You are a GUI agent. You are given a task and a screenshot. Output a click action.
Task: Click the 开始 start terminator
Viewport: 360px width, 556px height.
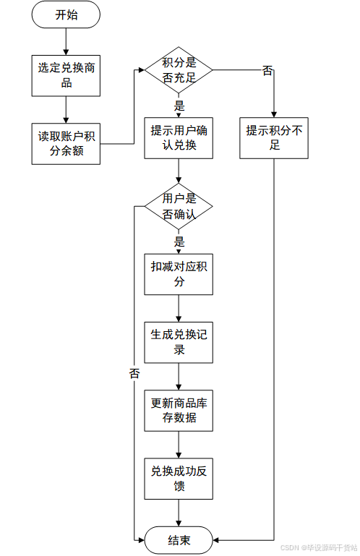(66, 14)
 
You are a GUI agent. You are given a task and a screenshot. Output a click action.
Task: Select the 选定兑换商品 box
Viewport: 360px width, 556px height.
(66, 75)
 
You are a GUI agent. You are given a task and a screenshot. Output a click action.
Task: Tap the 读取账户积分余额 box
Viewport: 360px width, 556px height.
(66, 144)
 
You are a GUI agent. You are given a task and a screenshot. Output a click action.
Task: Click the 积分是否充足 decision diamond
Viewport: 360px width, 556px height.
(179, 70)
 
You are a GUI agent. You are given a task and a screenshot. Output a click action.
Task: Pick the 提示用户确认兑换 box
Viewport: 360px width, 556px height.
(179, 138)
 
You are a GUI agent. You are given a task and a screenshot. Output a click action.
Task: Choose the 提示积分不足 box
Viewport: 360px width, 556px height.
(274, 138)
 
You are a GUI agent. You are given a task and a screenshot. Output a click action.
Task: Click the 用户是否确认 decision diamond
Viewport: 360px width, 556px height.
(179, 206)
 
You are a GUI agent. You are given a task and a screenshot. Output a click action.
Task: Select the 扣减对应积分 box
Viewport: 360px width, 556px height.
(179, 274)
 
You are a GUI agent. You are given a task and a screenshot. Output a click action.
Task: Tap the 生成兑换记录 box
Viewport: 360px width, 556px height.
(179, 342)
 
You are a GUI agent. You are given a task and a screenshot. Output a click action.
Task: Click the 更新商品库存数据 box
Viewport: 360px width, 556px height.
(179, 411)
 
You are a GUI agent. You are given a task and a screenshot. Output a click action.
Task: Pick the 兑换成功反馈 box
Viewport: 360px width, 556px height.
(179, 479)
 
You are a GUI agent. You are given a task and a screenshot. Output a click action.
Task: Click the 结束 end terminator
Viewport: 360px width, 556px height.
(179, 540)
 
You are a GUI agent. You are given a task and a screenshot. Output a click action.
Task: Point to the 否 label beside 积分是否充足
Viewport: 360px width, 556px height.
(267, 71)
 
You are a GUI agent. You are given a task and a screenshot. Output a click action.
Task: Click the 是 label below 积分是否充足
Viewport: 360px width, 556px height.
(179, 106)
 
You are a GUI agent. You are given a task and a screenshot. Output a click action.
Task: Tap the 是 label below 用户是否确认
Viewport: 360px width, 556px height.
(179, 242)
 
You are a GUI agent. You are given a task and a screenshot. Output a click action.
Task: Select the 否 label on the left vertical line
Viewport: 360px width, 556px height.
(134, 373)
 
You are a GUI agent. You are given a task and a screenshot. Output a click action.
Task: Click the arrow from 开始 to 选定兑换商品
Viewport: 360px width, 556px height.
(66, 41)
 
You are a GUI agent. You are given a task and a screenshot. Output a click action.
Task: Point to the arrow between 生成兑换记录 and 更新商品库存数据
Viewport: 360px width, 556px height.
(179, 377)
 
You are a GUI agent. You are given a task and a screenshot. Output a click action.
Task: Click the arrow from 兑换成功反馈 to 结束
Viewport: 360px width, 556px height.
(179, 513)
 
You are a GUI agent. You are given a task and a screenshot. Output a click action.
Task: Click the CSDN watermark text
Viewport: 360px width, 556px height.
(319, 548)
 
